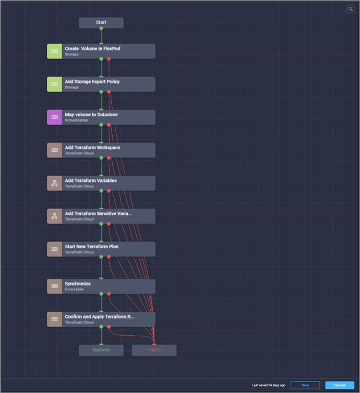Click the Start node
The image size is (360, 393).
click(x=101, y=22)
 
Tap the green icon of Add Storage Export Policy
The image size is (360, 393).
click(x=54, y=84)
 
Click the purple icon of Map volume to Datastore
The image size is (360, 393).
click(x=54, y=117)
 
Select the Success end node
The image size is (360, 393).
click(x=101, y=350)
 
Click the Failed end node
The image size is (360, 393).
click(x=154, y=350)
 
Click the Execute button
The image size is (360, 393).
click(x=339, y=385)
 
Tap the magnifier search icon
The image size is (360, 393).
click(x=350, y=9)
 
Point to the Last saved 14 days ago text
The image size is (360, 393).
click(x=268, y=385)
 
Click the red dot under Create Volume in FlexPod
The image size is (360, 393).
click(x=109, y=59)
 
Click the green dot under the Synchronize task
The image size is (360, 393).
click(x=101, y=294)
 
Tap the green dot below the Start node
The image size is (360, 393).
click(x=101, y=29)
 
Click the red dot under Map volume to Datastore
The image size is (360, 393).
click(x=109, y=125)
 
